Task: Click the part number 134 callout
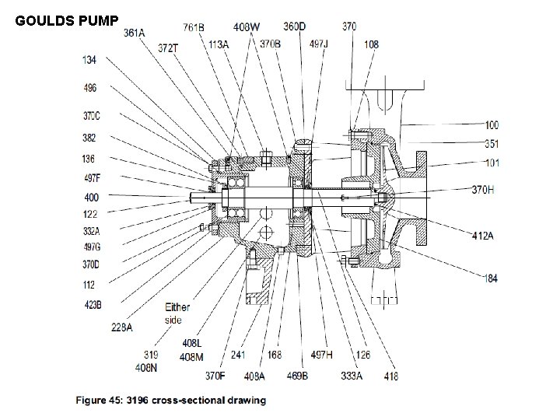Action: click(x=90, y=60)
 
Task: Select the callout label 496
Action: click(x=90, y=88)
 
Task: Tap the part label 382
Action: click(x=90, y=138)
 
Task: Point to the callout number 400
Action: click(x=91, y=198)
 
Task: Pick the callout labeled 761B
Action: click(x=194, y=27)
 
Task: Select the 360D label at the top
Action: click(x=293, y=26)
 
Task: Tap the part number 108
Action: click(x=371, y=44)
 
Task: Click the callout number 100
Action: click(x=492, y=124)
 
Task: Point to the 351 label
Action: click(x=492, y=144)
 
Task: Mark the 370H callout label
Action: click(x=483, y=189)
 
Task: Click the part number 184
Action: click(x=491, y=278)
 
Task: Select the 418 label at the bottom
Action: click(x=390, y=376)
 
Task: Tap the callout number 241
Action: click(x=239, y=355)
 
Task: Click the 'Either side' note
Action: click(x=177, y=313)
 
